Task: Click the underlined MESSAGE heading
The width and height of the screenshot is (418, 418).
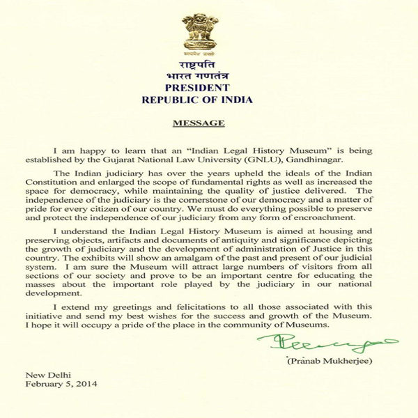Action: click(x=199, y=123)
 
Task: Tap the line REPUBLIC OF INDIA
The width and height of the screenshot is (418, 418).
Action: click(x=208, y=99)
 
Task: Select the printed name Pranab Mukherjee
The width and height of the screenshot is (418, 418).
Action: click(x=322, y=360)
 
